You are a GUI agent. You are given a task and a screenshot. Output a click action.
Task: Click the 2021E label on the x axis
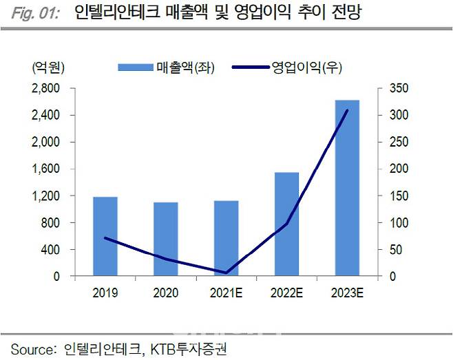tap(226, 293)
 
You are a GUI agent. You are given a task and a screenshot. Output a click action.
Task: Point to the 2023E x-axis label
tap(346, 293)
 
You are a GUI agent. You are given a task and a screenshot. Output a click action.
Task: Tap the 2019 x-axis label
tap(105, 293)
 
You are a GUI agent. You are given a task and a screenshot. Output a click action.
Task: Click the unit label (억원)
tap(48, 67)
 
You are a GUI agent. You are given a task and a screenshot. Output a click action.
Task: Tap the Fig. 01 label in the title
tap(30, 13)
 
